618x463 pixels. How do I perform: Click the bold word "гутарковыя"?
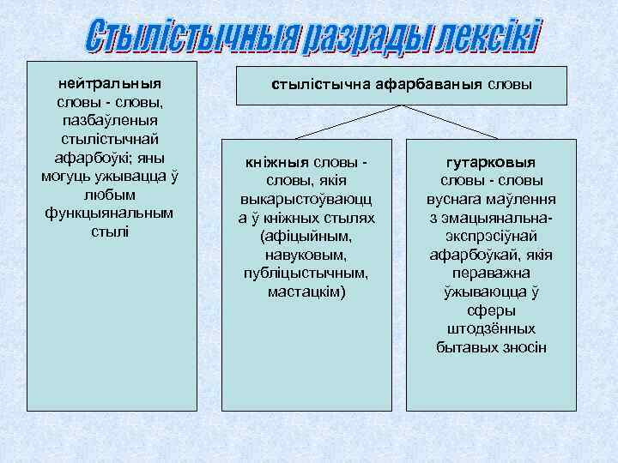click(490, 162)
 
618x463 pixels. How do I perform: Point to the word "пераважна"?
click(490, 273)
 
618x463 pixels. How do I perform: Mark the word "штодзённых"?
click(490, 329)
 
